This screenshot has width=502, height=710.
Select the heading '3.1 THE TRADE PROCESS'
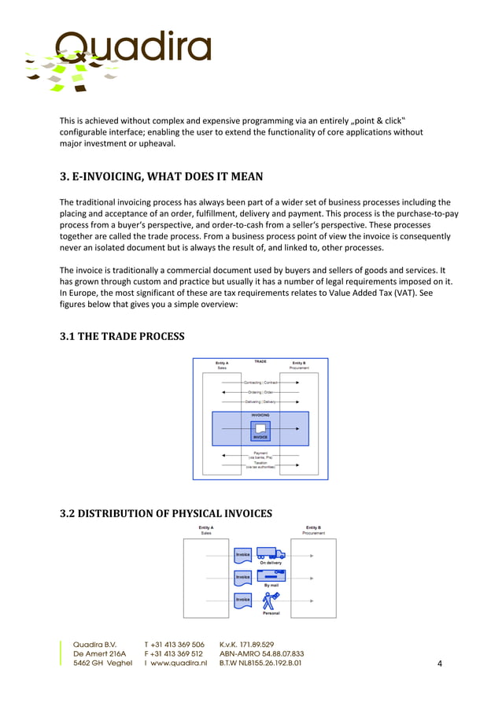(x=122, y=337)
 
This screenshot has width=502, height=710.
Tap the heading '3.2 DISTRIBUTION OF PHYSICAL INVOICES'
(x=166, y=514)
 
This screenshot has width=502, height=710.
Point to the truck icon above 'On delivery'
(x=271, y=553)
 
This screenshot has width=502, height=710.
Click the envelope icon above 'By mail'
(x=271, y=576)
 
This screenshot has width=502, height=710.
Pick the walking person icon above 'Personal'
(x=271, y=601)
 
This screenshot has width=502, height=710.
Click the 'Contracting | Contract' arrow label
(x=260, y=382)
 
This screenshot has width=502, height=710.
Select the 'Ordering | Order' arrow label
(x=260, y=391)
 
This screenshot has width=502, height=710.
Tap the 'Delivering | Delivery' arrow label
(x=260, y=401)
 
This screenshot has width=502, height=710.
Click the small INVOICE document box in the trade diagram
(x=260, y=431)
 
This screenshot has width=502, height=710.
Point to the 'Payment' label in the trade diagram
(x=260, y=453)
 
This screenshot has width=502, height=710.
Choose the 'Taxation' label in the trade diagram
(x=260, y=463)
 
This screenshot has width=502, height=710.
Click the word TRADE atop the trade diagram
(x=260, y=361)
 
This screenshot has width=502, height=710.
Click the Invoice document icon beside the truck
(x=243, y=555)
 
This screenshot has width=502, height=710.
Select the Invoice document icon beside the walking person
(x=243, y=601)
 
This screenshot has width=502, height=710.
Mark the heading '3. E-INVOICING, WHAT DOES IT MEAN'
(x=161, y=176)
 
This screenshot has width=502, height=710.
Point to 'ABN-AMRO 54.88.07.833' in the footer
(x=261, y=654)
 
